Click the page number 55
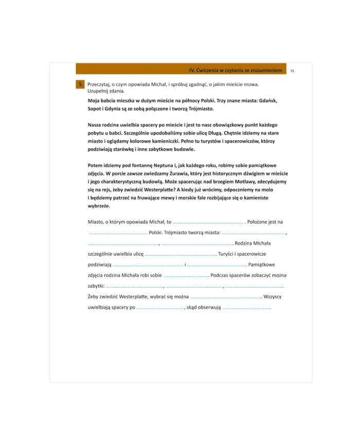(292, 69)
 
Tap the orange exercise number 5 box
(80, 84)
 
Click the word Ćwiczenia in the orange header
(211, 69)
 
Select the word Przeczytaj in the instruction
(100, 84)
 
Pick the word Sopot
(96, 109)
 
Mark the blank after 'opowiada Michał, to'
(208, 222)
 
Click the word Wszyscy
(272, 297)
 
